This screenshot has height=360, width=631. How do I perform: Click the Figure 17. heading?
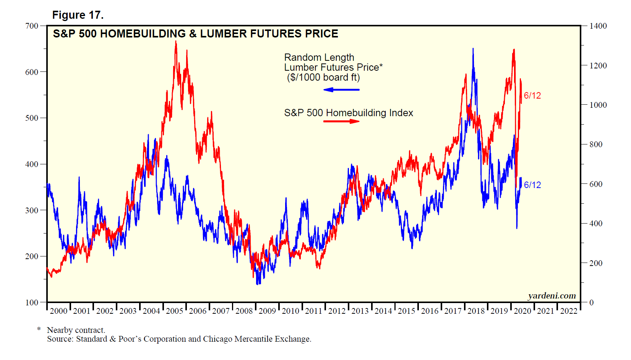(x=78, y=15)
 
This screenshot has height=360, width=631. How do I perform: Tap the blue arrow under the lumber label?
(x=341, y=90)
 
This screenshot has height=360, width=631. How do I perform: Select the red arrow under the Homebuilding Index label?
(x=341, y=122)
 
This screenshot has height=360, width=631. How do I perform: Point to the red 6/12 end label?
(x=532, y=96)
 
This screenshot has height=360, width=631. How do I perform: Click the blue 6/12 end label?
(x=532, y=185)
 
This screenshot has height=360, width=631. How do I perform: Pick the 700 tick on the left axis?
(x=32, y=26)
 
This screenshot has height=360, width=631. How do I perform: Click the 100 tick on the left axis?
(x=32, y=303)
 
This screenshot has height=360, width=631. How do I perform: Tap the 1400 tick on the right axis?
(x=598, y=26)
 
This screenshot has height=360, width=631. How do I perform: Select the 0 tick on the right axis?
(x=592, y=303)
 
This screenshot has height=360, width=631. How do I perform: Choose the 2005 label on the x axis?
(x=175, y=311)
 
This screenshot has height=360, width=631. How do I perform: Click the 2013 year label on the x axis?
(x=360, y=311)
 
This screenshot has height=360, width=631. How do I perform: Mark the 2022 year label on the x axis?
(x=569, y=311)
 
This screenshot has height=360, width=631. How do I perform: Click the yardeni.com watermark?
(x=552, y=296)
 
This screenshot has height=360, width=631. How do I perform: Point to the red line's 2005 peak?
(x=176, y=41)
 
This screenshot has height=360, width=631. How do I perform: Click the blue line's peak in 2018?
(x=473, y=49)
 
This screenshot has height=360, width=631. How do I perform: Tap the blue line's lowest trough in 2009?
(x=258, y=284)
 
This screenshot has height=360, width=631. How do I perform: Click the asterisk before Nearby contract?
(x=39, y=329)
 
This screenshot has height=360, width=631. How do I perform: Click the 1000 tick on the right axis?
(x=598, y=105)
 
